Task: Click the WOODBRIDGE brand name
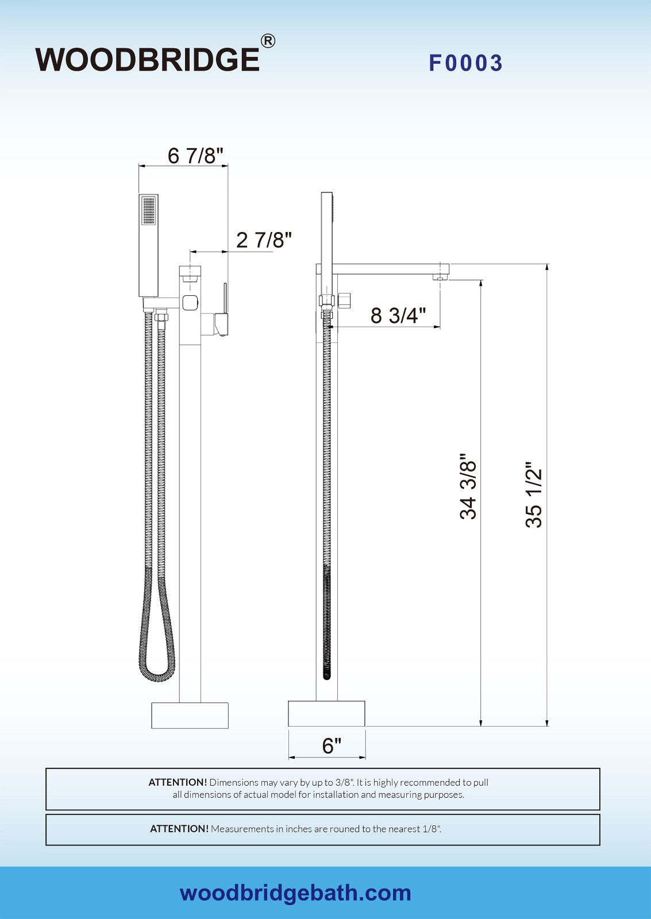tap(147, 60)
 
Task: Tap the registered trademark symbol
tap(268, 41)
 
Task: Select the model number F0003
tap(465, 63)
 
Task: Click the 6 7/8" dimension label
tap(195, 156)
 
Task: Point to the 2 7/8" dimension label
tap(264, 240)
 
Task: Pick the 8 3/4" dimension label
tap(398, 315)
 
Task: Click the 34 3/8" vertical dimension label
tap(468, 486)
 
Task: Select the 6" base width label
tap(332, 746)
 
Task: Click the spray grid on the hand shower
tap(149, 211)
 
